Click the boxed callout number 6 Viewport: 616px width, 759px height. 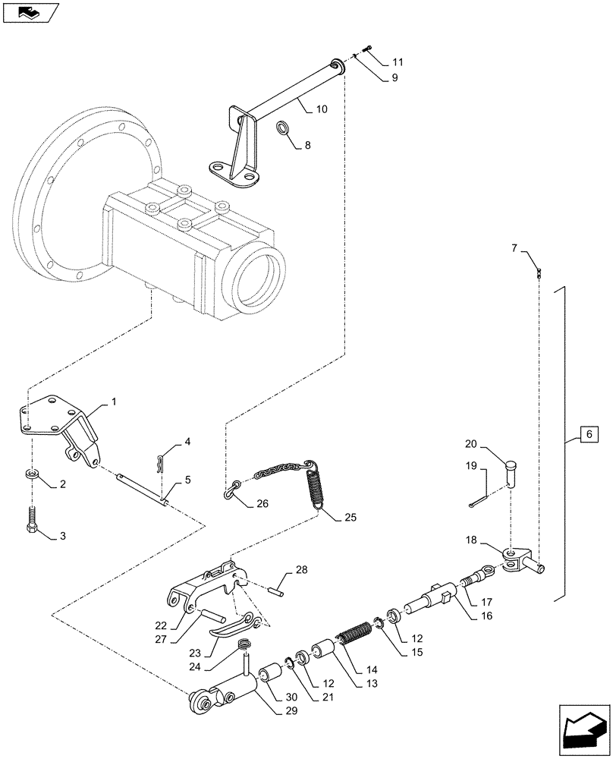(x=587, y=435)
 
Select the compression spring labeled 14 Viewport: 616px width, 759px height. (x=355, y=634)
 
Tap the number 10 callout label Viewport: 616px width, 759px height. (x=322, y=109)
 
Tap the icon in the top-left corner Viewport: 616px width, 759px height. (x=30, y=11)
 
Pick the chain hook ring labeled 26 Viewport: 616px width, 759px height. (x=231, y=493)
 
